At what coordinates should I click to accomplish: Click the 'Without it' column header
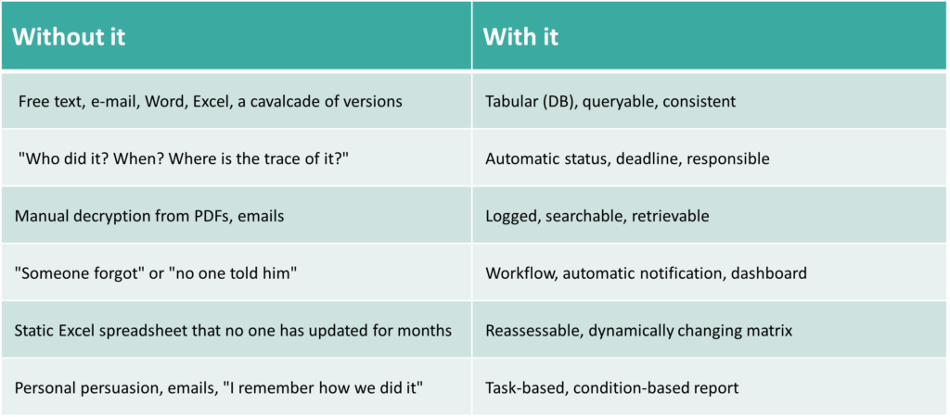69,37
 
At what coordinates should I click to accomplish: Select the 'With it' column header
520,37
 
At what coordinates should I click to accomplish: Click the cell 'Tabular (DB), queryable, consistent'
610,101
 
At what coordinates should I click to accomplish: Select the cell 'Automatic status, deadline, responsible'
628,158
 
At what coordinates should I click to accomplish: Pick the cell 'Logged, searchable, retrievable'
597,216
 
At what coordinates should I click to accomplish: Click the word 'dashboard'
769,273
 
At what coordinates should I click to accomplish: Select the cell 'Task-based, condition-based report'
612,388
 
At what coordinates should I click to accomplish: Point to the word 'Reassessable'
528,331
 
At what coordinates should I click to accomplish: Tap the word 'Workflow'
520,273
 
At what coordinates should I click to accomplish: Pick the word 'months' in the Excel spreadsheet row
428,331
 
